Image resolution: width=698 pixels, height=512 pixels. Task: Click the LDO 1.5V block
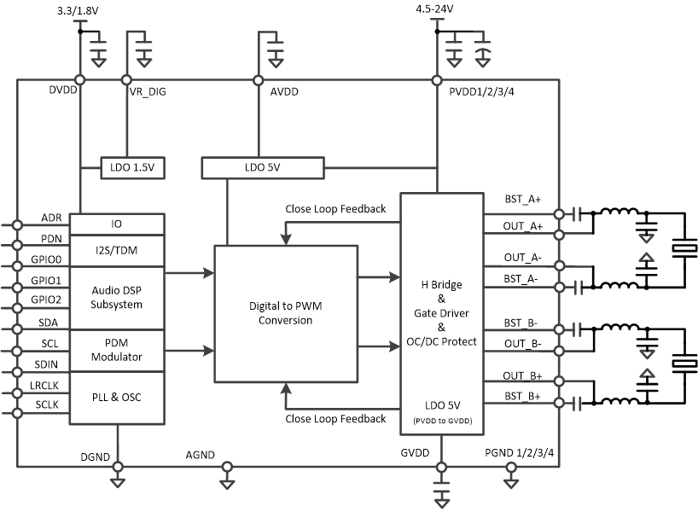pyautogui.click(x=132, y=168)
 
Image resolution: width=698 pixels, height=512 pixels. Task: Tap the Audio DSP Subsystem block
pyautogui.click(x=116, y=298)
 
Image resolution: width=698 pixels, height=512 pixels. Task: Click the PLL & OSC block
pyautogui.click(x=116, y=398)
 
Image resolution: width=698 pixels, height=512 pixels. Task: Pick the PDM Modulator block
pyautogui.click(x=116, y=350)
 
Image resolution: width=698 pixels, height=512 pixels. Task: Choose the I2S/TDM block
pyautogui.click(x=116, y=249)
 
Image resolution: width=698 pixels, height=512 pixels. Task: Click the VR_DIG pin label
pyautogui.click(x=147, y=92)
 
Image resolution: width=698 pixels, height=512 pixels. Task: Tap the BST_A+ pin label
pyautogui.click(x=522, y=199)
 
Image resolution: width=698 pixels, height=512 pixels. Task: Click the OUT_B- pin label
pyautogui.click(x=523, y=344)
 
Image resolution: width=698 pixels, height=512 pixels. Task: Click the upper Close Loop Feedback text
pyautogui.click(x=335, y=209)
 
